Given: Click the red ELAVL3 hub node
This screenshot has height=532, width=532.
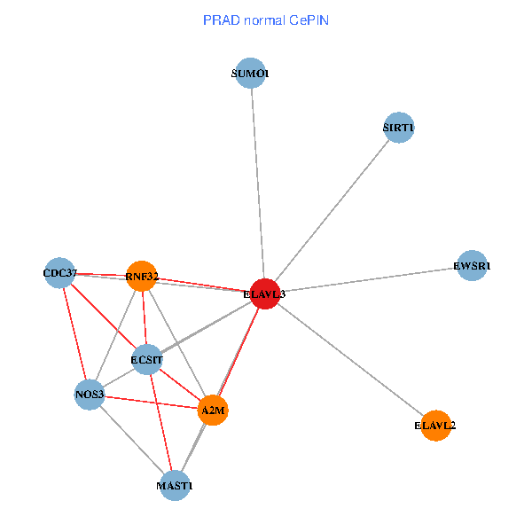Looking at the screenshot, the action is pos(265,293).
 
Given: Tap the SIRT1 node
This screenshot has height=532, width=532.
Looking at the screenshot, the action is pos(399,128).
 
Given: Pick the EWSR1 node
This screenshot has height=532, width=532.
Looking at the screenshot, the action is pos(472,265).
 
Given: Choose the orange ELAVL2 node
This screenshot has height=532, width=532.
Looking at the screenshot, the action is pos(434,426).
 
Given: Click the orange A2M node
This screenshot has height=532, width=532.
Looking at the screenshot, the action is pos(213,410).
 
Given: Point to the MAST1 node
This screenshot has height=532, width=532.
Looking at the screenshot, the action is pos(175,486).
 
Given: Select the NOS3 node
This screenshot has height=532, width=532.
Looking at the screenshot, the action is pos(90,394).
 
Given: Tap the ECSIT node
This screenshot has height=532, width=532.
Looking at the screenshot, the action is pos(147,360).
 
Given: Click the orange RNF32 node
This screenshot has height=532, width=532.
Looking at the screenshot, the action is pos(142,277).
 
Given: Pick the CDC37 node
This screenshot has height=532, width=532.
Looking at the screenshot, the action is pos(60,271).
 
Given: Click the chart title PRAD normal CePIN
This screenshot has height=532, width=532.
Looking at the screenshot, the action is pos(266,20).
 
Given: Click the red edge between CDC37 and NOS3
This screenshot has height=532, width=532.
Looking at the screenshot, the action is pos(74,332).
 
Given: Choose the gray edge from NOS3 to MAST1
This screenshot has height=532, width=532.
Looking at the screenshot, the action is pos(132,440).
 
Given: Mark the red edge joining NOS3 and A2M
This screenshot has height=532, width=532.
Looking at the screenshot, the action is pos(151,402).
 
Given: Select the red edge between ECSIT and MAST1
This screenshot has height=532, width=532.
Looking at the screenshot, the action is pos(160,421).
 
